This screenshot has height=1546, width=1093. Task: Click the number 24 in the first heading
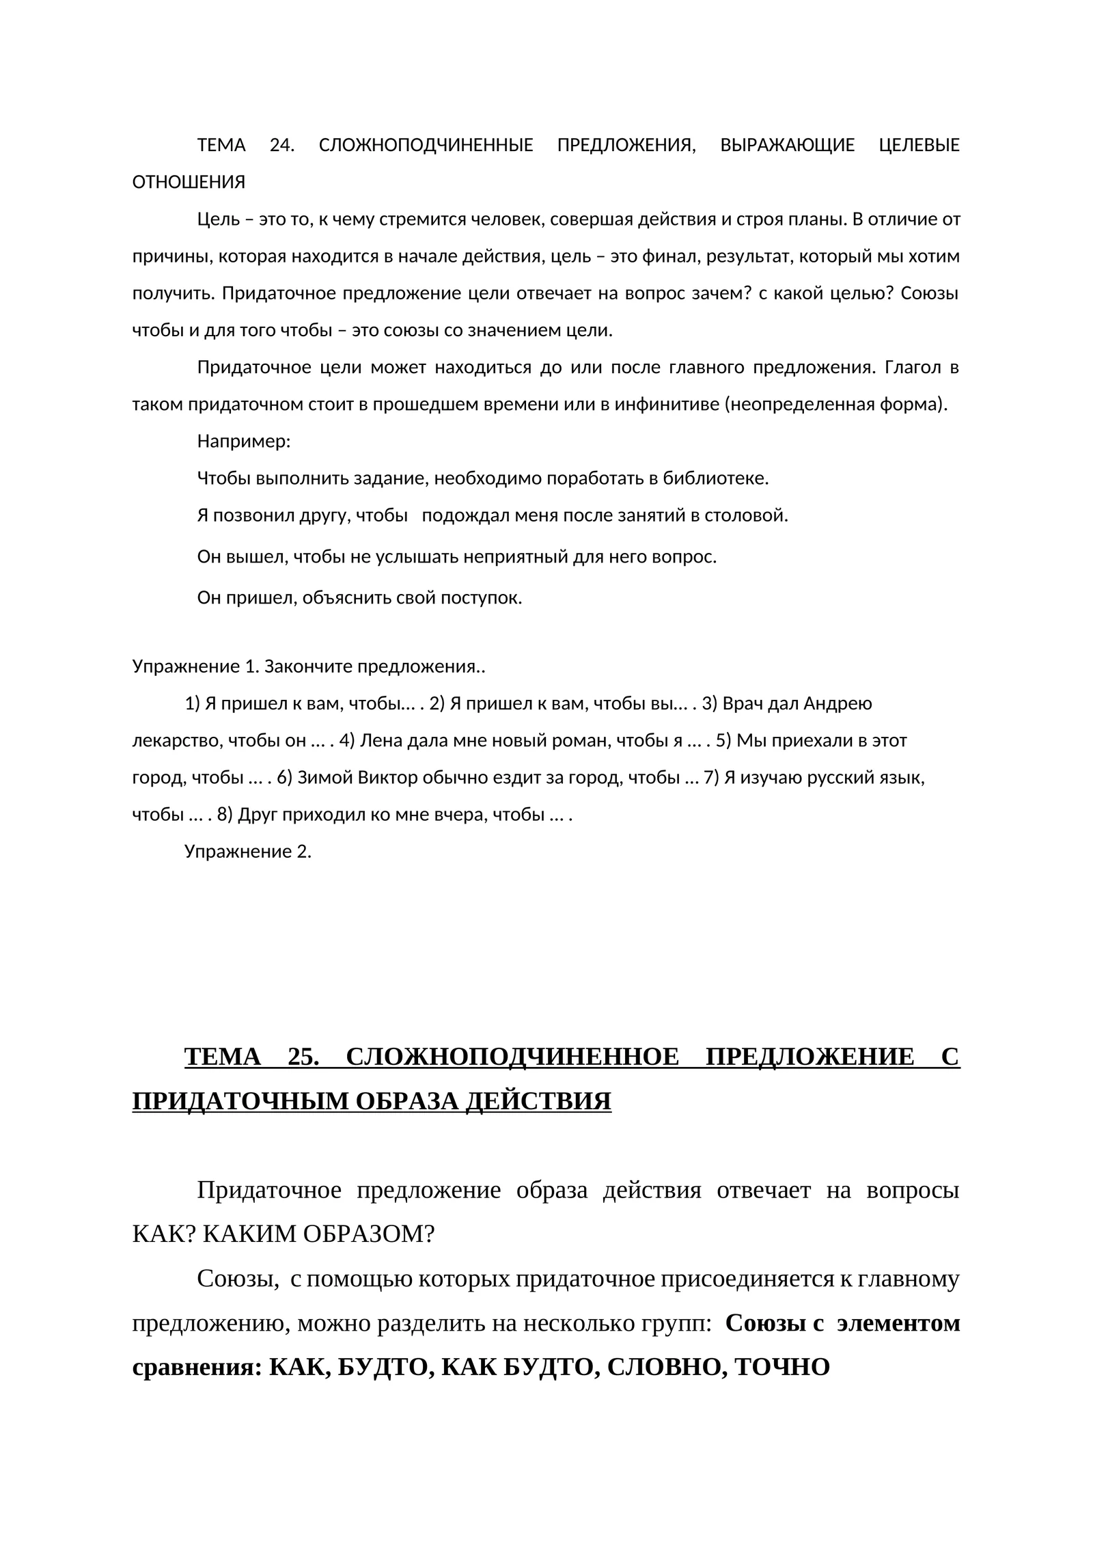(281, 146)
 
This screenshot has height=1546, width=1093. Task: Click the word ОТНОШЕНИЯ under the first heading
(189, 183)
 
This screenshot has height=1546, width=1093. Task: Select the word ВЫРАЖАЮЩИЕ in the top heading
(787, 146)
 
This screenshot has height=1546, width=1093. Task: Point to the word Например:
(244, 442)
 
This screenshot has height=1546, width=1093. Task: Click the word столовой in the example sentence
(751, 515)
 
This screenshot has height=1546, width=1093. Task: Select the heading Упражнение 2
(247, 852)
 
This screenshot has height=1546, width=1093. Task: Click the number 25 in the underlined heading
(303, 1057)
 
